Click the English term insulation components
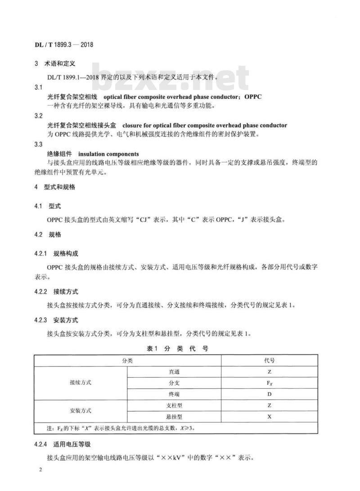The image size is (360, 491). pos(112,154)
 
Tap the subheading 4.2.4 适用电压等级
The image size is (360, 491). pos(63,444)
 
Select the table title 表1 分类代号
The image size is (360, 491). pos(177,348)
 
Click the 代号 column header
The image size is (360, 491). pos(269,360)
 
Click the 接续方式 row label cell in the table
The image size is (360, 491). pos(81,383)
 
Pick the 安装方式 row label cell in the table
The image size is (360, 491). pos(81,411)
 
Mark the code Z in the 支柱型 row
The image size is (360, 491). pos(269,405)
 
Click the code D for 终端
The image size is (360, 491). pos(269,394)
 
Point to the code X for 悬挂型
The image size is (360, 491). pos(269,416)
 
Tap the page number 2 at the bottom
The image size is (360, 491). pos(40,470)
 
